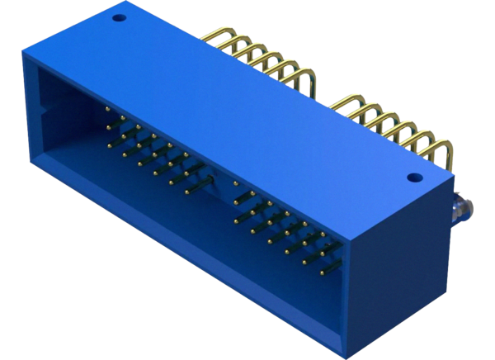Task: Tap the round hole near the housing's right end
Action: tap(413, 177)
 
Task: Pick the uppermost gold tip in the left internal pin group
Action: tap(107, 108)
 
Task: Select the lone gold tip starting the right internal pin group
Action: tap(236, 183)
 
